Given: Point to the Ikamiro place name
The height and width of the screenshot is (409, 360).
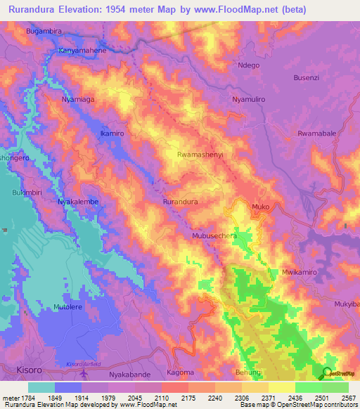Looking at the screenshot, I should point(112,134).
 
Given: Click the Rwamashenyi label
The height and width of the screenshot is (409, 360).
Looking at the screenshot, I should point(201,154).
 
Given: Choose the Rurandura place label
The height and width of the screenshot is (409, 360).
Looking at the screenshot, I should point(180,202).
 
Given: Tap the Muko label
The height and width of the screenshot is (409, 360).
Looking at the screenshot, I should point(261,207).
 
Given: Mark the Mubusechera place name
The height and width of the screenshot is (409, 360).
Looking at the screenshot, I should point(214,237).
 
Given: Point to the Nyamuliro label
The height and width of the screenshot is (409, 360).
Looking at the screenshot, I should point(248,100).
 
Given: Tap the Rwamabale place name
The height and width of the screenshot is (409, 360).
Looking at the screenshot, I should point(317,133).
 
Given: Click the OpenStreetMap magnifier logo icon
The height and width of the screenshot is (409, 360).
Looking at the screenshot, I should point(326,372).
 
